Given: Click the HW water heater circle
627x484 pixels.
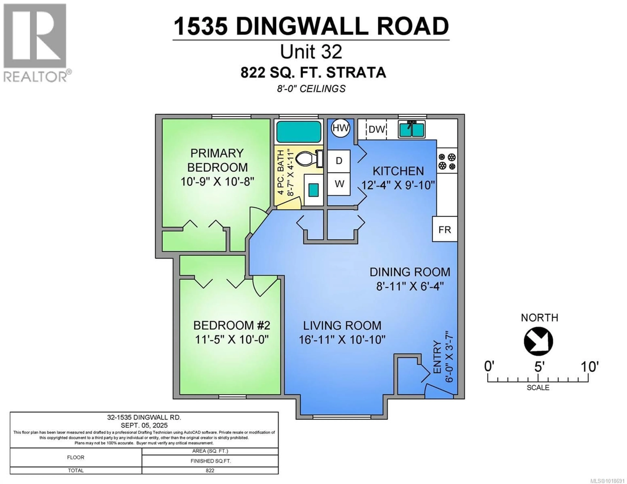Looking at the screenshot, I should click(340, 128).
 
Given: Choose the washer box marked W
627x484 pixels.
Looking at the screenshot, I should click(339, 184).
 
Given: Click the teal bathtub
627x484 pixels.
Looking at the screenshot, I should click(299, 132).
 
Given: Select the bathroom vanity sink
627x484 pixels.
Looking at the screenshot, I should click(313, 190).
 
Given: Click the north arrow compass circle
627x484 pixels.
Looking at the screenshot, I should click(538, 341).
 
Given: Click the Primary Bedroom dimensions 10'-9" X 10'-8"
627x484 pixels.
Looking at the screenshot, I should click(217, 181).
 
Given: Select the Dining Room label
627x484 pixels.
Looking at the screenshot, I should click(410, 272).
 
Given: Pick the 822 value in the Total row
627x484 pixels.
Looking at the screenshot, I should click(210, 470).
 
